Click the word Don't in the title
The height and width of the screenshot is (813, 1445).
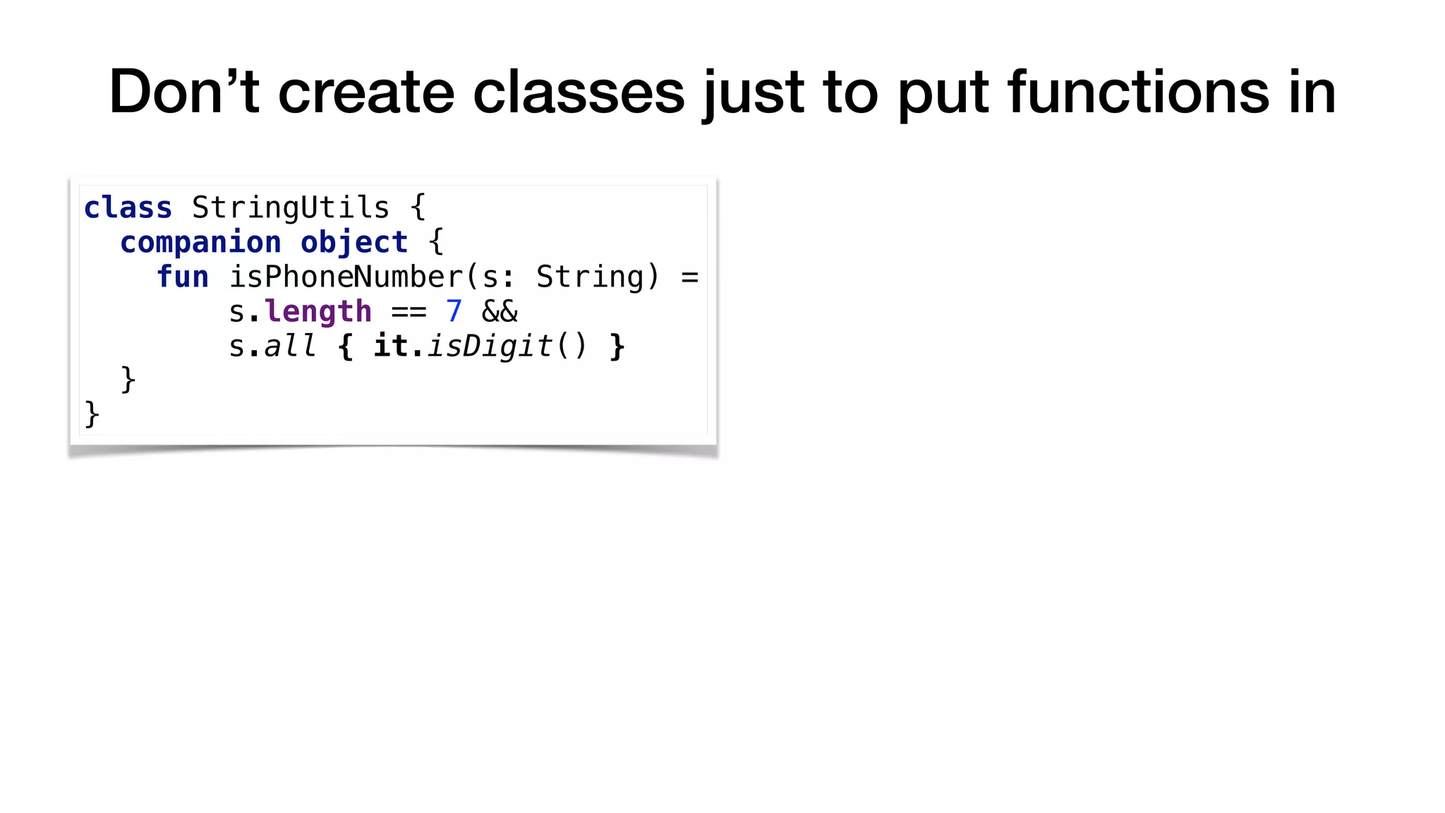point(184,92)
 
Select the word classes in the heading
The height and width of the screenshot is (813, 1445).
point(579,92)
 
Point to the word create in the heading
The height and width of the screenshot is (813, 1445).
point(366,92)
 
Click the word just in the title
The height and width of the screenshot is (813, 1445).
point(753,93)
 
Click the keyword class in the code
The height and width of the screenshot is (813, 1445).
point(128,207)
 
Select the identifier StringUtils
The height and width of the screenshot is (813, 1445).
point(290,207)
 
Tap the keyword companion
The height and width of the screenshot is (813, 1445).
point(200,242)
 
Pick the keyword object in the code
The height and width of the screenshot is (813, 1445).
point(353,242)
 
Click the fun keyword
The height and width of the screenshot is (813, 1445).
point(182,277)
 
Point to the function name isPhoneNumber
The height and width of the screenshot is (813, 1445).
point(345,277)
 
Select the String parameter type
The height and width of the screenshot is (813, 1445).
point(590,277)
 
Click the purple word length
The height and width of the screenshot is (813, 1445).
point(318,311)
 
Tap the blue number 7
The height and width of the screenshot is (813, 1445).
point(454,311)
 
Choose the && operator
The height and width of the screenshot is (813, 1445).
point(500,311)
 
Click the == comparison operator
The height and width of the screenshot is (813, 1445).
point(409,311)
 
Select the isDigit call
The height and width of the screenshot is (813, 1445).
point(490,346)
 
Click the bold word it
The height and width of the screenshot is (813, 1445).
point(390,346)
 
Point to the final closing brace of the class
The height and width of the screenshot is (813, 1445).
point(92,414)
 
